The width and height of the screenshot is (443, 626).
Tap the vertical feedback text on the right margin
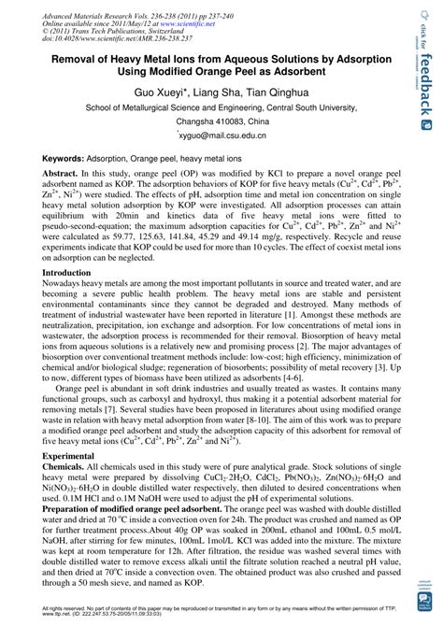pyautogui.click(x=427, y=85)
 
